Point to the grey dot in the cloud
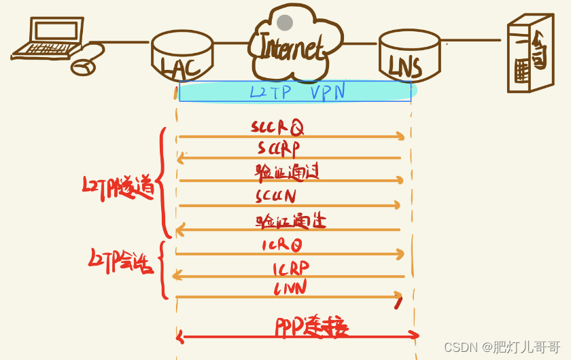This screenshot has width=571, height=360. [x=285, y=22]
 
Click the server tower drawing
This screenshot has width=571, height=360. [x=530, y=54]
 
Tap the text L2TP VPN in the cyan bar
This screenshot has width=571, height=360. [x=298, y=92]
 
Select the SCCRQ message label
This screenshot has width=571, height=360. [x=277, y=126]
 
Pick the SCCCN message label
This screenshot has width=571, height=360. [x=276, y=196]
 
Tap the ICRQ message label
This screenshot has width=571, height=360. [x=281, y=245]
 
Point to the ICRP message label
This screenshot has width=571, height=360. [x=290, y=268]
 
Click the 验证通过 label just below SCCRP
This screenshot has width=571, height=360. [x=287, y=171]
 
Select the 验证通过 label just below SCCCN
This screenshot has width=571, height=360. [x=290, y=220]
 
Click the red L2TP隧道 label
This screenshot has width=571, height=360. [x=118, y=187]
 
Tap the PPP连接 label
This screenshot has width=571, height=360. [x=312, y=327]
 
